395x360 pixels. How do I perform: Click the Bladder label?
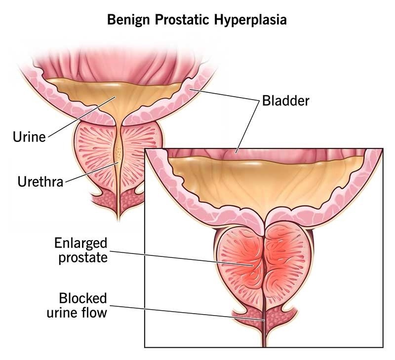tap(285, 101)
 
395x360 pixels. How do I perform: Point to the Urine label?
tap(29, 137)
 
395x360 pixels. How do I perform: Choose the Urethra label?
tap(40, 182)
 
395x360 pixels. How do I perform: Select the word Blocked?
tap(83, 298)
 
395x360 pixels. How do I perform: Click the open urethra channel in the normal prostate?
tap(118, 153)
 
